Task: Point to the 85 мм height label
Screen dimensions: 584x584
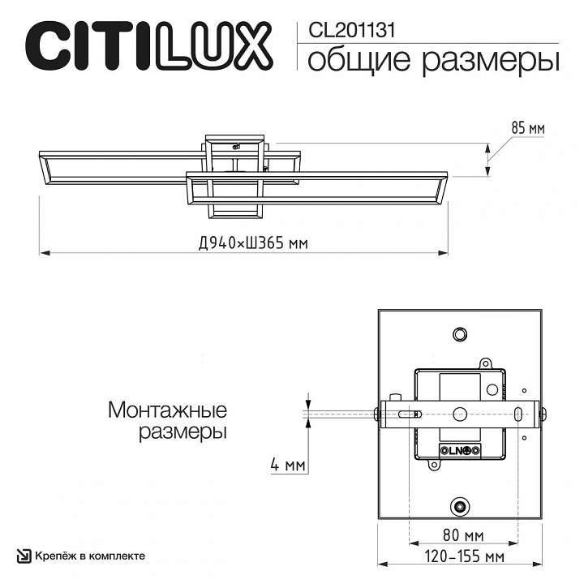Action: pos(527,128)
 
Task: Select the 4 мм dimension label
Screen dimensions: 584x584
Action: pos(288,466)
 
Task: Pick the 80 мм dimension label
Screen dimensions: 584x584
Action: pos(464,536)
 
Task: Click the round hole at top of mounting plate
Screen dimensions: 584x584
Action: pos(460,333)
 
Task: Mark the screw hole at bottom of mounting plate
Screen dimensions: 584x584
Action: pos(460,506)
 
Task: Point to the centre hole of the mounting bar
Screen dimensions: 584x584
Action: pos(460,413)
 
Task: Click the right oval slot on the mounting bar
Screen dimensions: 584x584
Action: pos(517,413)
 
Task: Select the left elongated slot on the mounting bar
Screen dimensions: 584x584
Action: pos(404,413)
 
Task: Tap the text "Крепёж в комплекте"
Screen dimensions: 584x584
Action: pos(89,556)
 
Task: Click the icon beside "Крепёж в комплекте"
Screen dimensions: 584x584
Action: pos(24,556)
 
